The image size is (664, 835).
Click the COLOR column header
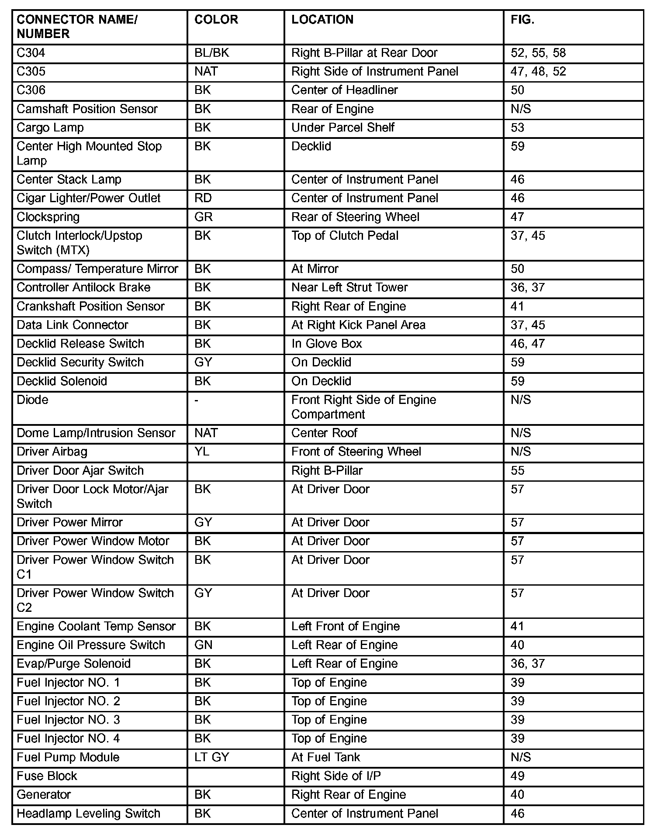pos(216,20)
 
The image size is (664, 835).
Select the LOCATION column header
pos(322,20)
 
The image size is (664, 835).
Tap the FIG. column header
pos(522,20)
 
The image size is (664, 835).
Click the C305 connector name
pos(31,72)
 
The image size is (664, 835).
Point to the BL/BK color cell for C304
pos(212,53)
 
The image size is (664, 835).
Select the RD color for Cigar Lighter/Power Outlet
pos(203,198)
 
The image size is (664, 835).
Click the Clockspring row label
pos(48,217)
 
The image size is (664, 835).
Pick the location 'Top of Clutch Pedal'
pos(345,236)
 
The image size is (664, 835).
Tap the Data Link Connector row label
pos(73,325)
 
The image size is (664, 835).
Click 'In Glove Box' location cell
pos(327,344)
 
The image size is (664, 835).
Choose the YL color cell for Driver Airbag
pos(202,452)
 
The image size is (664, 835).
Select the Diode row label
pos(32,400)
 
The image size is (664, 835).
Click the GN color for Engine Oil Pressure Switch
pos(203,645)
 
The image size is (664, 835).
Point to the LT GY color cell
pos(212,757)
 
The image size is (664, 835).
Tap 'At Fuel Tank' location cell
pos(326,757)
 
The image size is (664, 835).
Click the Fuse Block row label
pos(47,776)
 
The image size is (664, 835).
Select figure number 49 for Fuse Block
pos(518,776)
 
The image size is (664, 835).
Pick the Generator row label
pos(44,795)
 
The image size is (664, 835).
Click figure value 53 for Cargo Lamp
pos(518,128)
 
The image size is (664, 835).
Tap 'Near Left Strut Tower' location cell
pos(349,287)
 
